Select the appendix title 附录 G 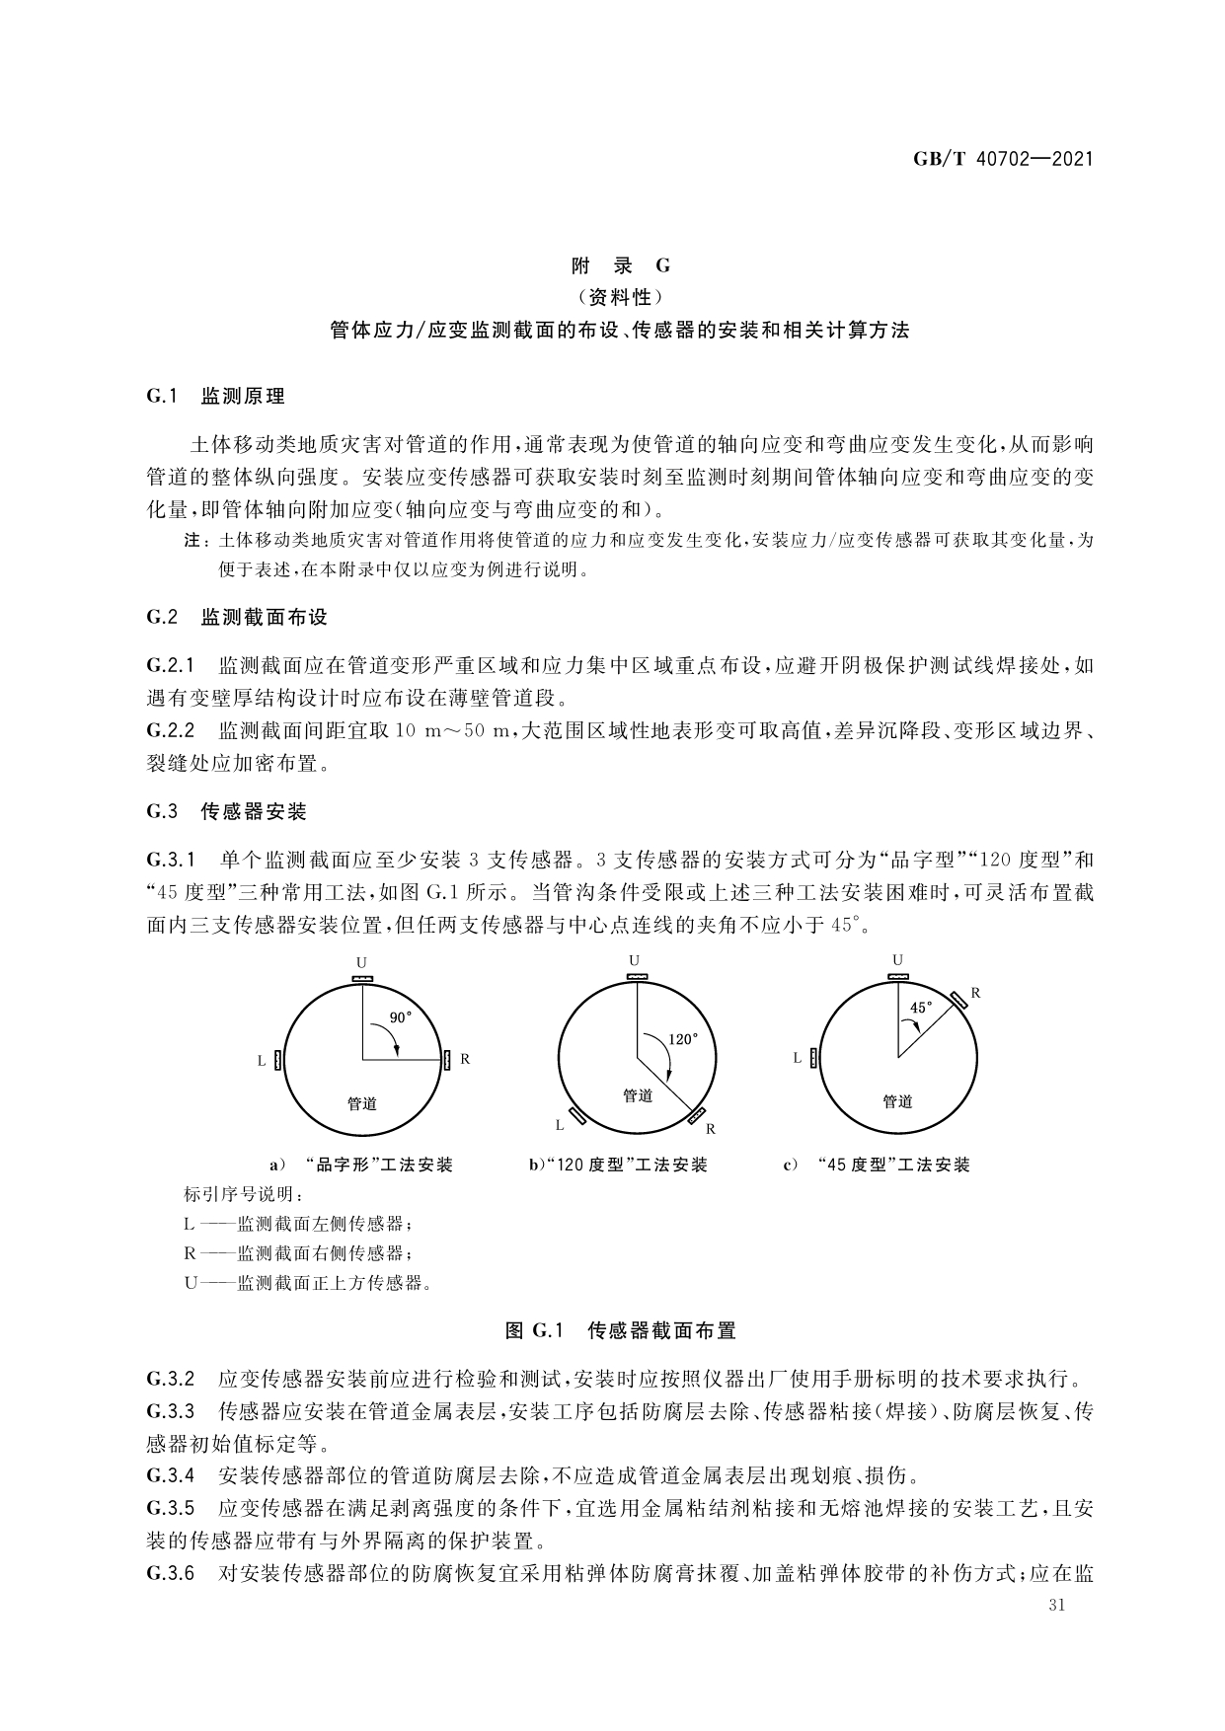pos(621,265)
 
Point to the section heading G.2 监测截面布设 pos(237,618)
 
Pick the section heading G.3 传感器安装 pos(226,812)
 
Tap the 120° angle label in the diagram pos(683,1038)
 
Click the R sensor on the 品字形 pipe pos(447,1060)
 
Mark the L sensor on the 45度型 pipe pos(813,1058)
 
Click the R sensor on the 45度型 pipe pos(957,1000)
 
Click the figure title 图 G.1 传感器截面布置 pos(620,1330)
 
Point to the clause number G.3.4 pos(170,1476)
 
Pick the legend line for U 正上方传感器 pos(308,1283)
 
